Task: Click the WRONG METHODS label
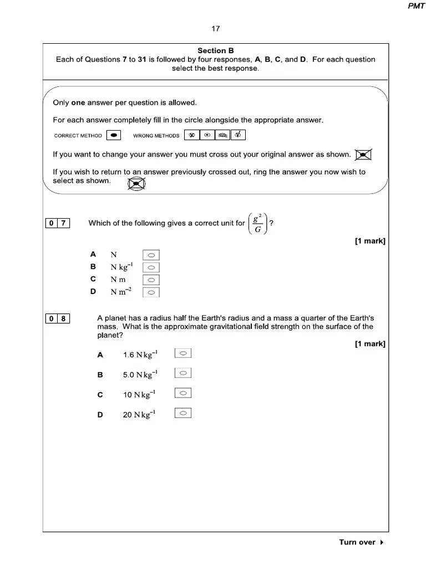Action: pyautogui.click(x=156, y=136)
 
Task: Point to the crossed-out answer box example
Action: pyautogui.click(x=363, y=154)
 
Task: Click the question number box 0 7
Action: pyautogui.click(x=57, y=223)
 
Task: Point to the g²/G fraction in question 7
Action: pyautogui.click(x=258, y=223)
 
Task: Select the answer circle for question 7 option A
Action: pyautogui.click(x=151, y=255)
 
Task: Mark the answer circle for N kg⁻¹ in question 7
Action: pyautogui.click(x=151, y=267)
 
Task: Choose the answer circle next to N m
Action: pyautogui.click(x=151, y=280)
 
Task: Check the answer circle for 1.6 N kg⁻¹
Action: pyautogui.click(x=183, y=354)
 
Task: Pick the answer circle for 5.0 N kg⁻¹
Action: pyautogui.click(x=183, y=374)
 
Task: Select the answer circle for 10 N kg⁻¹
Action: pyautogui.click(x=183, y=394)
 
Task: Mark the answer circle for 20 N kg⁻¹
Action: pyautogui.click(x=183, y=413)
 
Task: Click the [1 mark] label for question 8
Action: pyautogui.click(x=370, y=344)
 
